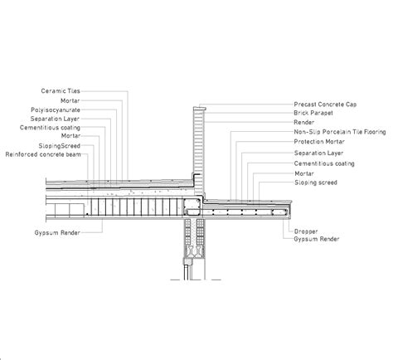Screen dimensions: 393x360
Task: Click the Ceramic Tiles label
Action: (x=61, y=91)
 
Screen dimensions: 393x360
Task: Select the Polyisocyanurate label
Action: (x=56, y=110)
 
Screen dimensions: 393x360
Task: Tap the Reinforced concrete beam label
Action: (x=43, y=154)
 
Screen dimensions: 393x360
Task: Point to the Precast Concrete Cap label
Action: (x=325, y=105)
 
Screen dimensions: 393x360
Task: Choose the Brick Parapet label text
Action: (x=313, y=113)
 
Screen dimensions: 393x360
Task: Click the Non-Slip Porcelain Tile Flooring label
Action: (x=340, y=132)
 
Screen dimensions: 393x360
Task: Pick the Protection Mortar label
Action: (x=319, y=142)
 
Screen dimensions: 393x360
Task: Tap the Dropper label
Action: (x=306, y=231)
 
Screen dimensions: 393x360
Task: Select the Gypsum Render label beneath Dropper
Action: (x=317, y=239)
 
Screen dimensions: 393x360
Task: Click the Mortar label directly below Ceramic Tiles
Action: (x=70, y=100)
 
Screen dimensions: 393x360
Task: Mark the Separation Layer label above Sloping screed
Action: (x=318, y=153)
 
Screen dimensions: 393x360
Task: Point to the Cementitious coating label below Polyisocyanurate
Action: (x=50, y=128)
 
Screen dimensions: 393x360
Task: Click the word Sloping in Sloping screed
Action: (x=304, y=182)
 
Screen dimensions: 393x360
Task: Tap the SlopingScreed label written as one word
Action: (x=60, y=146)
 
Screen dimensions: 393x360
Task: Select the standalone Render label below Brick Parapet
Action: (x=303, y=122)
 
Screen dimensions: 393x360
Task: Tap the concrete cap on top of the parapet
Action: (x=200, y=108)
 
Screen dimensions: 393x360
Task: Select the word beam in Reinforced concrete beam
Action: (x=73, y=154)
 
